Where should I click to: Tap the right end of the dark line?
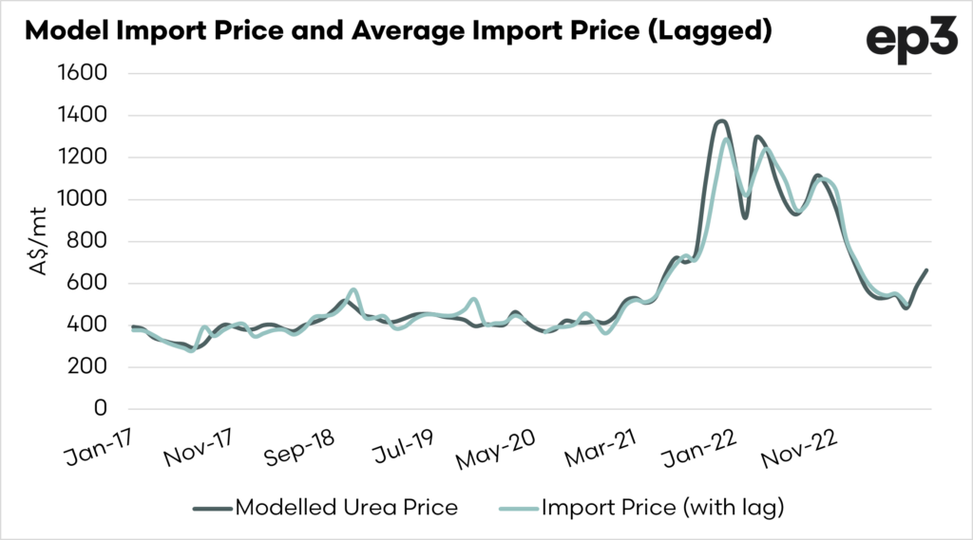[x=926, y=270]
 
